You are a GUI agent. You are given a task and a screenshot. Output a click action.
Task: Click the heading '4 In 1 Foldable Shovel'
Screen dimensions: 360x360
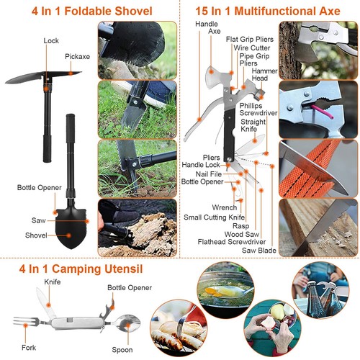tap(91, 11)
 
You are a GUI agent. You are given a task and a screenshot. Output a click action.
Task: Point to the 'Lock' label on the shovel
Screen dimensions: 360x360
tap(51, 41)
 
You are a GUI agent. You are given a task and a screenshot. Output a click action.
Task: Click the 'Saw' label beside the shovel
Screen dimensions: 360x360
tap(39, 220)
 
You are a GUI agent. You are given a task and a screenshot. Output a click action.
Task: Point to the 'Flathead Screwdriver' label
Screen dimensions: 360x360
tap(232, 242)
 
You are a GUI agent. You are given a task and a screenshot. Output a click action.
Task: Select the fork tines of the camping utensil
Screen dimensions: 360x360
tap(22, 322)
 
